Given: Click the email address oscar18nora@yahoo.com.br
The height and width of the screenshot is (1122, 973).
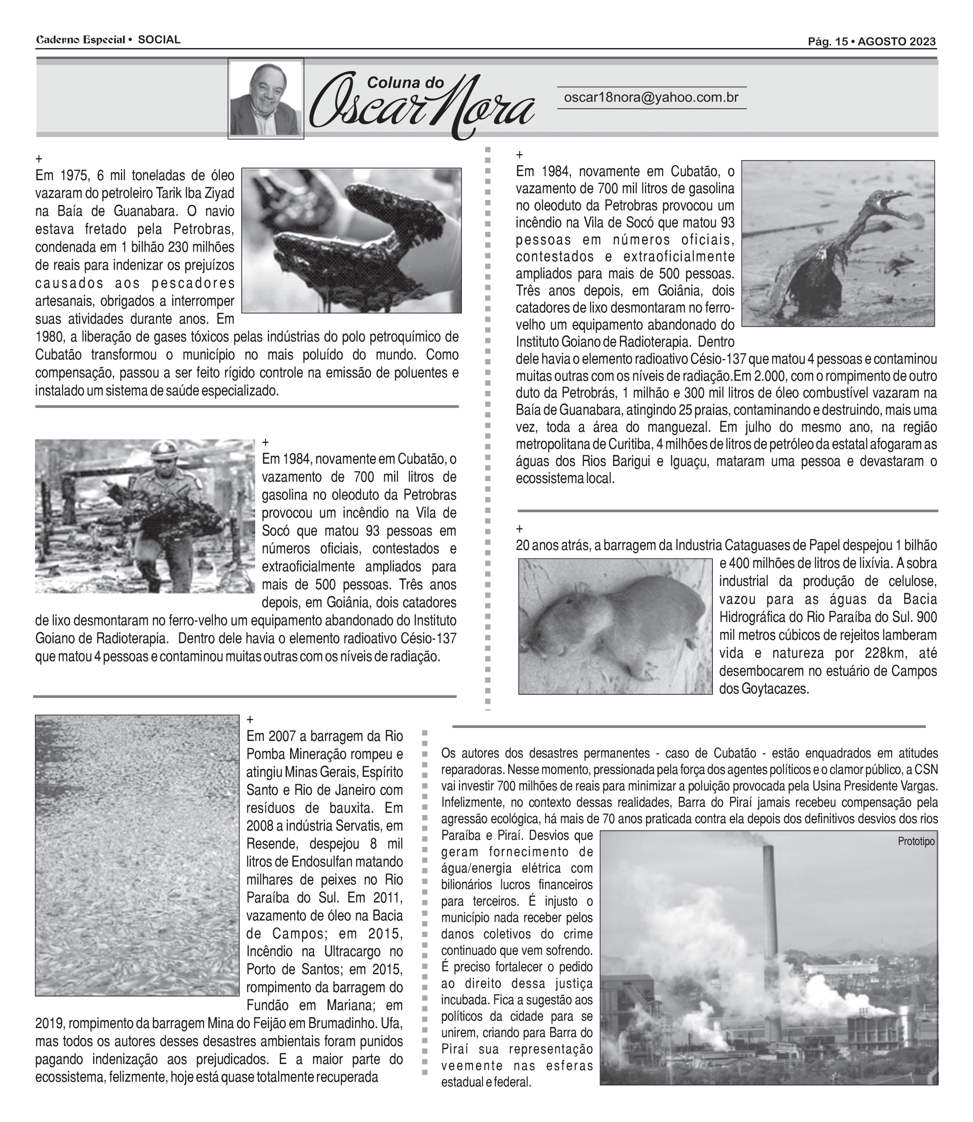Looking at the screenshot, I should coord(651,98).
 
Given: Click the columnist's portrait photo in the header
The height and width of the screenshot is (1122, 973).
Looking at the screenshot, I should coord(265,99).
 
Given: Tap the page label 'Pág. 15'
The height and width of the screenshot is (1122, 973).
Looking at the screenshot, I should coord(827,42).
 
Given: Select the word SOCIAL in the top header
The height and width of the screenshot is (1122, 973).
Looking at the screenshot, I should coord(159,40).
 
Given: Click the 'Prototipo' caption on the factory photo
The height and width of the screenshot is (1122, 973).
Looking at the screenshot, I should coord(916,841).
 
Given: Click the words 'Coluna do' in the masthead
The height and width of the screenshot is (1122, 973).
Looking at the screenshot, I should coord(405,83).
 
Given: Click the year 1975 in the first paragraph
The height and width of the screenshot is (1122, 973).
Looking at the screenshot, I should coord(72,176).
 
